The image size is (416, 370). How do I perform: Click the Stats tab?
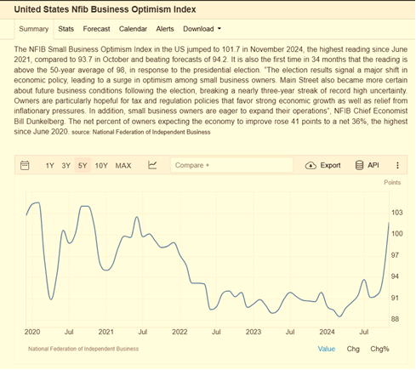[x=66, y=29]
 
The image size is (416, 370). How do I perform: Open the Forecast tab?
[x=96, y=29]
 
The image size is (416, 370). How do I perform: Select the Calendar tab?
[x=133, y=29]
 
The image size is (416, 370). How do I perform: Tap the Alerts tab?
[x=165, y=29]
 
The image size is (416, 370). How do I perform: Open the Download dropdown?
[x=202, y=29]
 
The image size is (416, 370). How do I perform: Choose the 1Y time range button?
[x=49, y=166]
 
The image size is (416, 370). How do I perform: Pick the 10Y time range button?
[x=101, y=166]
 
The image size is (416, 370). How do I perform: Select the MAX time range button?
[x=123, y=166]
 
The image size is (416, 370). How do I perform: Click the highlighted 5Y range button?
[x=83, y=165]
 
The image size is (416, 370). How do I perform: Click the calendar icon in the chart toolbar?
[x=25, y=165]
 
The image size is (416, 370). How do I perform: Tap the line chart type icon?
[x=152, y=165]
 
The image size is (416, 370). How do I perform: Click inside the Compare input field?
[x=231, y=165]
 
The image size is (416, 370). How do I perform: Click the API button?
[x=368, y=165]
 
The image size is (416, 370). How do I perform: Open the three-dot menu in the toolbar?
[x=397, y=165]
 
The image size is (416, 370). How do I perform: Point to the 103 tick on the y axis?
[x=397, y=213]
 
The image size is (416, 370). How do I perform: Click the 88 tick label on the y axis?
[x=395, y=319]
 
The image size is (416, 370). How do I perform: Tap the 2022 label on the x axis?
[x=180, y=332]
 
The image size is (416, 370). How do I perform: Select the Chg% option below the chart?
[x=379, y=349]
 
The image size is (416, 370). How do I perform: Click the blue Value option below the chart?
[x=327, y=349]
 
